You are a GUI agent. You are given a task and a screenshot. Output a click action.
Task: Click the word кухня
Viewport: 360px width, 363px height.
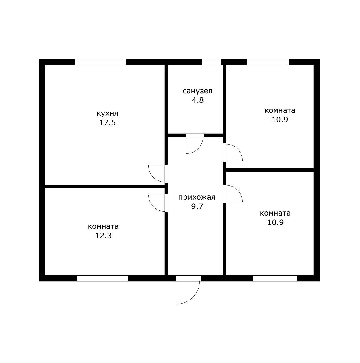coord(107,114)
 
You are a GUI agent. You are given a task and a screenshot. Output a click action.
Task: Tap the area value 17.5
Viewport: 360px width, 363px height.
coord(107,123)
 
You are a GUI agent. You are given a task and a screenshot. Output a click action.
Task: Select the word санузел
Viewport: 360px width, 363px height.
coord(198,91)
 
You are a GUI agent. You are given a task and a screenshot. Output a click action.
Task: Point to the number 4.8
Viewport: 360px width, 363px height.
coord(198,100)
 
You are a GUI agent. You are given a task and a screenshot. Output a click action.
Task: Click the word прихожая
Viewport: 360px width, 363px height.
coord(197,198)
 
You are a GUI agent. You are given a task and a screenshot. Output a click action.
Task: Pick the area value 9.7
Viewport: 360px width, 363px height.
coord(197,207)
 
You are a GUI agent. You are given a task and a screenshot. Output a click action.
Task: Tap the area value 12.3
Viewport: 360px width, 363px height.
coord(103,236)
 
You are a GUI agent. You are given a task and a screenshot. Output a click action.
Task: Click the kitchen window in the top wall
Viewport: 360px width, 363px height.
coord(100,62)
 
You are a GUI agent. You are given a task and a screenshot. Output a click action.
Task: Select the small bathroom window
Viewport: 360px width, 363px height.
coord(211,62)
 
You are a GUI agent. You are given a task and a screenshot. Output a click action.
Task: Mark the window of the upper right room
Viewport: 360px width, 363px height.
coord(268,62)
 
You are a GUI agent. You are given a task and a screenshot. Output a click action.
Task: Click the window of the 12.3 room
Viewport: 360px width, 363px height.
coord(102,279)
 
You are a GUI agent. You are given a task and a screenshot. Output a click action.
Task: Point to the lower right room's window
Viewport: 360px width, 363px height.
coord(275,279)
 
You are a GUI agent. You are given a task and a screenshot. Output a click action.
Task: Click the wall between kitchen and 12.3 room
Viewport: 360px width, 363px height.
coord(105,186)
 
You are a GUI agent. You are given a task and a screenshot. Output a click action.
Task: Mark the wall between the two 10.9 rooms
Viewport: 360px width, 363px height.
coord(270,170)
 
